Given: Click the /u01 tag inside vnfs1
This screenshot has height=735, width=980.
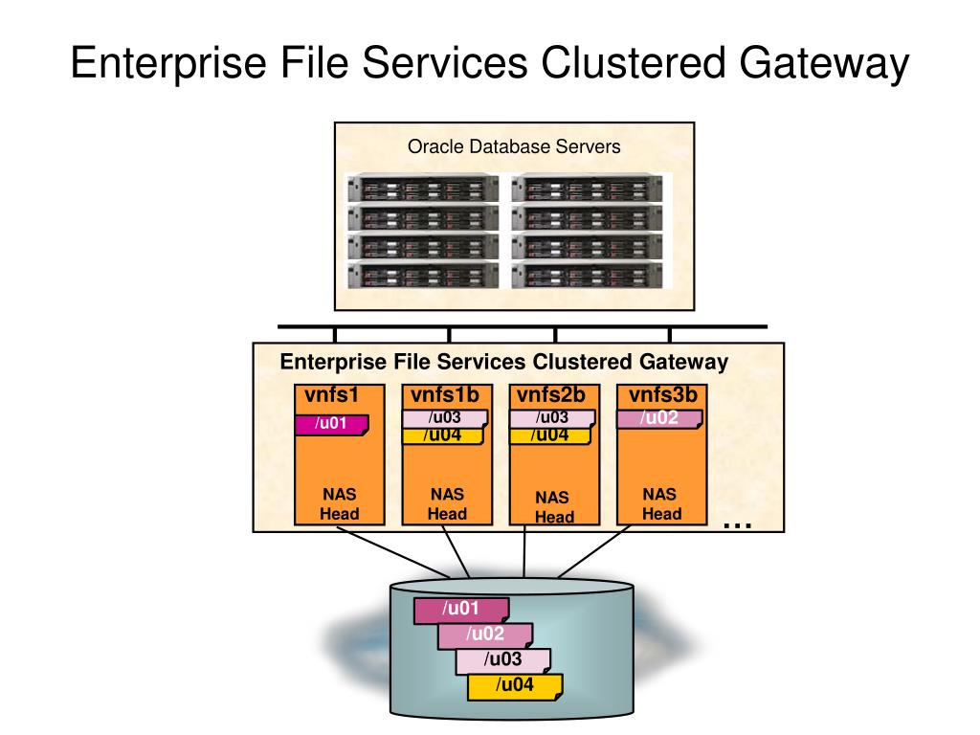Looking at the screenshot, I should tap(331, 424).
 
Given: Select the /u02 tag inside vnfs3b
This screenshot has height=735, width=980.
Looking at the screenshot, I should tap(660, 417).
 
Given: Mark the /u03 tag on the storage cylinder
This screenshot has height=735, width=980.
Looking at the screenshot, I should tap(502, 660).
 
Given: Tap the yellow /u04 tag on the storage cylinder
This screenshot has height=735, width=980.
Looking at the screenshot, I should tap(514, 685).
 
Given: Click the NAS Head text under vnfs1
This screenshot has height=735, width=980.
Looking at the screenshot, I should tap(339, 504).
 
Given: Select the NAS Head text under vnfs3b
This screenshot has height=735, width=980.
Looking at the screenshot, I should tap(660, 504).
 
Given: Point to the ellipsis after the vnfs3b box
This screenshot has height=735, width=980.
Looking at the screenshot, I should tap(737, 523).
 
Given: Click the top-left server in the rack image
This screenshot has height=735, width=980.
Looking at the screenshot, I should tap(423, 187).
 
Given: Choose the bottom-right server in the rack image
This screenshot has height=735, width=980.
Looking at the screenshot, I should tap(587, 277).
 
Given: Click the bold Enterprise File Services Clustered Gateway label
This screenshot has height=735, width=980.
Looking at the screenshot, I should tap(503, 363).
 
